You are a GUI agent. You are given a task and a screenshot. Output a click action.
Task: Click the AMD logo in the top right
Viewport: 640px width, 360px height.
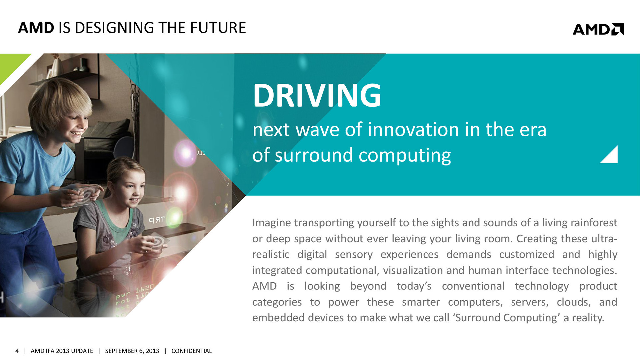(x=598, y=29)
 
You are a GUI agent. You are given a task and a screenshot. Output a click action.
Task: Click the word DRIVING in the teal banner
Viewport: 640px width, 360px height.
(x=317, y=95)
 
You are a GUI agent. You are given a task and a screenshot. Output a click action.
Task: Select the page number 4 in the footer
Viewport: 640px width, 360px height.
(x=17, y=351)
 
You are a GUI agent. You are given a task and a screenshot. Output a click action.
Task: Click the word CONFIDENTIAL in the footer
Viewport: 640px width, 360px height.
(x=191, y=351)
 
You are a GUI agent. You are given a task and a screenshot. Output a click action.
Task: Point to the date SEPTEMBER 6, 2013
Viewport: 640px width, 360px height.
(x=132, y=351)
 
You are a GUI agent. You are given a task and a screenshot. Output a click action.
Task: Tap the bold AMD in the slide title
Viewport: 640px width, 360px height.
(x=36, y=28)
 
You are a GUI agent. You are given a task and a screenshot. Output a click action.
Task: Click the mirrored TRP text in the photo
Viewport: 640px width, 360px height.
(x=156, y=220)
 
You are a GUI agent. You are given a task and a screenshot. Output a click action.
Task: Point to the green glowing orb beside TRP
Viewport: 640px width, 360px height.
(x=174, y=217)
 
